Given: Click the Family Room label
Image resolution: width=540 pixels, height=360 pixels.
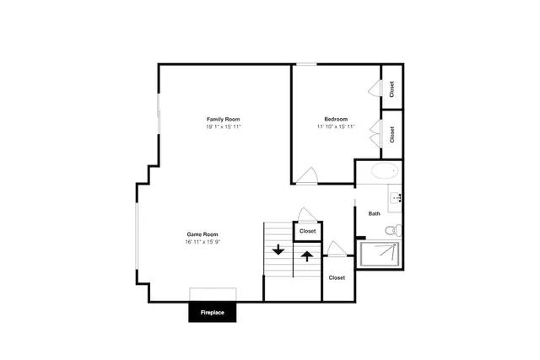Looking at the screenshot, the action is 223,119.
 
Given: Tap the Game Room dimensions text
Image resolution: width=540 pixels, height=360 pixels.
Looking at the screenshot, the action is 202,242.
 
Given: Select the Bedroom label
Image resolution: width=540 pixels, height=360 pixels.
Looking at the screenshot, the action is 336,119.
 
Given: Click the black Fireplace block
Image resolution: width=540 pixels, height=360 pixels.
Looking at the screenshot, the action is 212,312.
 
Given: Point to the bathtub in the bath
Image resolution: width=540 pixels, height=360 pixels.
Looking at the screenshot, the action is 385,171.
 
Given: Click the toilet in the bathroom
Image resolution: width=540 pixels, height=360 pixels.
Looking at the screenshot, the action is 393,230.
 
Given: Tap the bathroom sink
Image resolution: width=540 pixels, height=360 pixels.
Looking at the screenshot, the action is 395,198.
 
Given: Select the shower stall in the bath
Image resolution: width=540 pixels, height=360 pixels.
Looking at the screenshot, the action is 380,254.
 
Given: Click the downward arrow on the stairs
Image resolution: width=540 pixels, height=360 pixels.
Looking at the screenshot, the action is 278,250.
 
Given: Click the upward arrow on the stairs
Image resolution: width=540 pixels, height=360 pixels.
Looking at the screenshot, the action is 307,256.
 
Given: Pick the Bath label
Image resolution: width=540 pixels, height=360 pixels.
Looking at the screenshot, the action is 375,213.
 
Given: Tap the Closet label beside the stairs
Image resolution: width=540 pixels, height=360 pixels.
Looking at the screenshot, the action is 307,231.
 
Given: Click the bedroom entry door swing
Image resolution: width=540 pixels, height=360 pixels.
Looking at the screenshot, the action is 307,175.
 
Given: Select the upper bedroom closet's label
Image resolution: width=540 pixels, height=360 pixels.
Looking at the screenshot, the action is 391,89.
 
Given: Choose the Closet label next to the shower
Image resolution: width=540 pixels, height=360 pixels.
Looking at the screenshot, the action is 337,277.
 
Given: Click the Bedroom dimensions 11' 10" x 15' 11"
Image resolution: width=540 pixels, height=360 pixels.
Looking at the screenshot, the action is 336,126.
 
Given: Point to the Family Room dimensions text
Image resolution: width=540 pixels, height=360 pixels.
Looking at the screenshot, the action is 223,126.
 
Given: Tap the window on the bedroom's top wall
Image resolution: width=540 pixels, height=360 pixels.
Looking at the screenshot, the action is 306,64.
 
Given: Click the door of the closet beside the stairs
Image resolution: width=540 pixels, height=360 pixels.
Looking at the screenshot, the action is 307,214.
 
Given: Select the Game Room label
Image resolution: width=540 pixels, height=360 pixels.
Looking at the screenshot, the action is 202,234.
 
